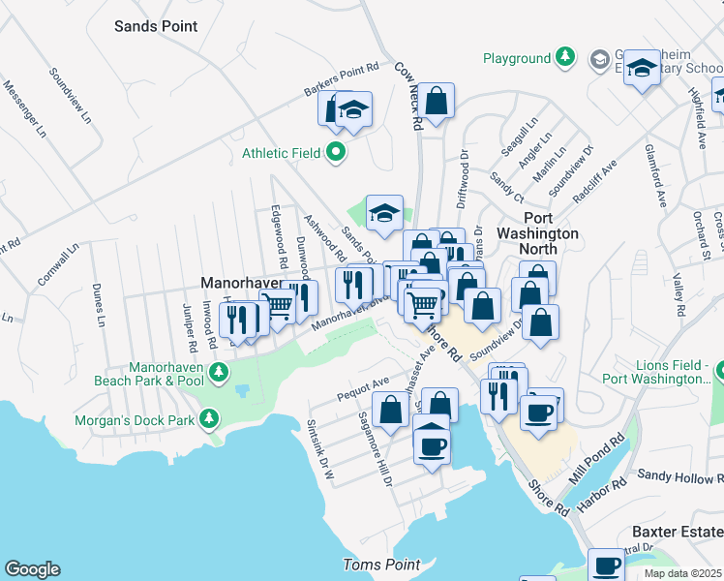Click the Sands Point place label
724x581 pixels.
coord(156,26)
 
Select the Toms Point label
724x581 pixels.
coord(381,565)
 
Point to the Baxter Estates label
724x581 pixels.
coord(677,532)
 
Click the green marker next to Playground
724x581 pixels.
coord(564,58)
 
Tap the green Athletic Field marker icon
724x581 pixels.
coord(336,152)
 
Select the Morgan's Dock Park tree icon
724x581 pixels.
coord(207,420)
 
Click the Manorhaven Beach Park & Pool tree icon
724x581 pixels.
coord(220,371)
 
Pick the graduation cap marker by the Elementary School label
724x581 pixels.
coord(640,69)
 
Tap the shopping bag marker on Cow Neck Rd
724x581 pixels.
coord(437,100)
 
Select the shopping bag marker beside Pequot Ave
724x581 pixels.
coord(390,410)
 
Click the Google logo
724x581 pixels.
coord(32,569)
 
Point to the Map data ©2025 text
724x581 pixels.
coord(682,573)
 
